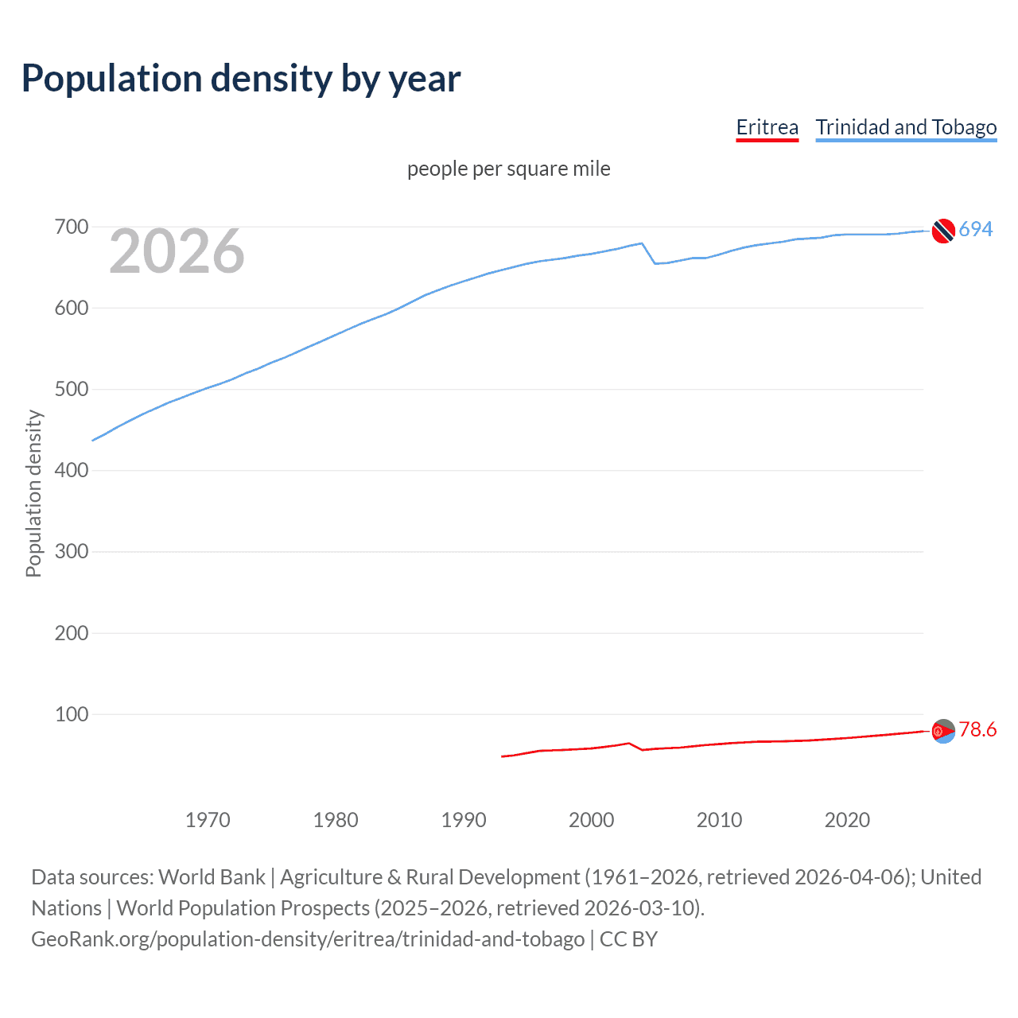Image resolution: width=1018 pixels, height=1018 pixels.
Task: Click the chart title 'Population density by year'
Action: [241, 79]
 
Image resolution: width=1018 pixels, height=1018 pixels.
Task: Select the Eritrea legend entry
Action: [767, 127]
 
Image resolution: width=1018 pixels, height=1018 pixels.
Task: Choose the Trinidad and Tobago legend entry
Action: [906, 127]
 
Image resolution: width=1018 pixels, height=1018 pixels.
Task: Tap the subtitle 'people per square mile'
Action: [508, 169]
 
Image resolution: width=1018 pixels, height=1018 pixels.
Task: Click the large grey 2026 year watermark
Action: [177, 251]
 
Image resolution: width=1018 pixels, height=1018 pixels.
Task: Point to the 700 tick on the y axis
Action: [71, 227]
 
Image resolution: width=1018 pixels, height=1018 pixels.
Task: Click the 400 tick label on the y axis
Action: [71, 470]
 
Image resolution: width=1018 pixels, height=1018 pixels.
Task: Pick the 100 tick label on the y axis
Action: [71, 714]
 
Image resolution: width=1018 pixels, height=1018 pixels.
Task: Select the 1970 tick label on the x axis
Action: [208, 820]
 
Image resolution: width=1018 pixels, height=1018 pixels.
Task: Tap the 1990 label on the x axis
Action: [464, 820]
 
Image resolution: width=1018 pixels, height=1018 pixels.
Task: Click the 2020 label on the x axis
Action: [847, 820]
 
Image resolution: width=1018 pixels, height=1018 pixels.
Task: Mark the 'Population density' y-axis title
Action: [33, 493]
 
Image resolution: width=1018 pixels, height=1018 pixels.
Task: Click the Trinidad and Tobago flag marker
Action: [943, 231]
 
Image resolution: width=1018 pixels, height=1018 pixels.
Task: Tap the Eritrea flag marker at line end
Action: [943, 731]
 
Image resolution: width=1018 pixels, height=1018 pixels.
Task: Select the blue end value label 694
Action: [976, 229]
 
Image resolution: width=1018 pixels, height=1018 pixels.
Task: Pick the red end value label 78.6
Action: [977, 729]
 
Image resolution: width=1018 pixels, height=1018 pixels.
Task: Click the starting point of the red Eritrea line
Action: [502, 756]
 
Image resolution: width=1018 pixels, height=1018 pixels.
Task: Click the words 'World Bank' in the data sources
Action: [212, 877]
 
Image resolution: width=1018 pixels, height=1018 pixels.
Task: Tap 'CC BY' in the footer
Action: [628, 939]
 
